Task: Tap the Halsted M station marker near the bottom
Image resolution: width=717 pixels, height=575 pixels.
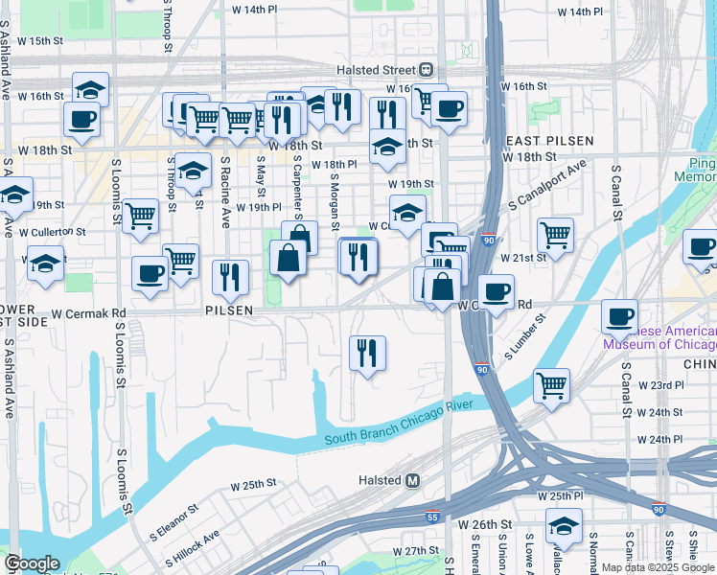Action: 412,480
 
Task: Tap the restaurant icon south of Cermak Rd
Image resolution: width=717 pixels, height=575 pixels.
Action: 367,353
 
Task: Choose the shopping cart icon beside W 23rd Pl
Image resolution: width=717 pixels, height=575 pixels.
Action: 551,385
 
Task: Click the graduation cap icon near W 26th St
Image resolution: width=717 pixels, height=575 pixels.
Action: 565,526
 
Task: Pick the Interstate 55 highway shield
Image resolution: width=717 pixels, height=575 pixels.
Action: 432,517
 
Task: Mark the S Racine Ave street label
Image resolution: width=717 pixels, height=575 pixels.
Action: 225,179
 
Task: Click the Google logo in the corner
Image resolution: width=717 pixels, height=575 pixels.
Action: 32,563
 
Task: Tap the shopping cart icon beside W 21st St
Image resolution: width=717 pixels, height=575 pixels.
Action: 556,234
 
